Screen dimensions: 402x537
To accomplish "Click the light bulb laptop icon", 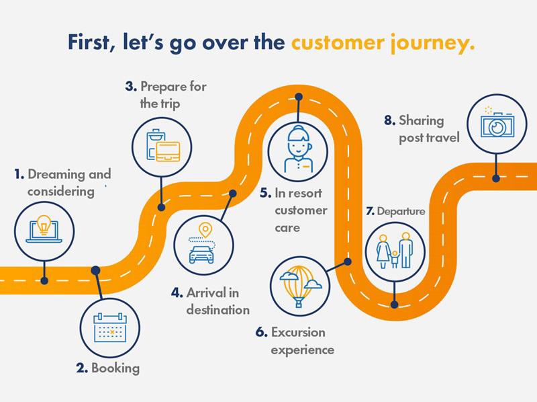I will click(x=44, y=229).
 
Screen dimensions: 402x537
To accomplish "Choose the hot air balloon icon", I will click(x=297, y=286).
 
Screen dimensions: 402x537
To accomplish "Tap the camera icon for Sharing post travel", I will click(x=496, y=123).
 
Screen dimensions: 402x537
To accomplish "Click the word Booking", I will click(x=115, y=368).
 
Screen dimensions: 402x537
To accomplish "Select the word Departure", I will click(x=401, y=211).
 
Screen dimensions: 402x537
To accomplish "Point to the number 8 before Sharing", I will click(x=389, y=121).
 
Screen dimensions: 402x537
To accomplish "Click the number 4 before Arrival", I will click(x=176, y=293).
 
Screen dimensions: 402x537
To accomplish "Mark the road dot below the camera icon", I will click(x=496, y=178).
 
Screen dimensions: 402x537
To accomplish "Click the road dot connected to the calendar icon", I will click(x=96, y=270).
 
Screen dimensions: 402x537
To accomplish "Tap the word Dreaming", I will click(x=57, y=175).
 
